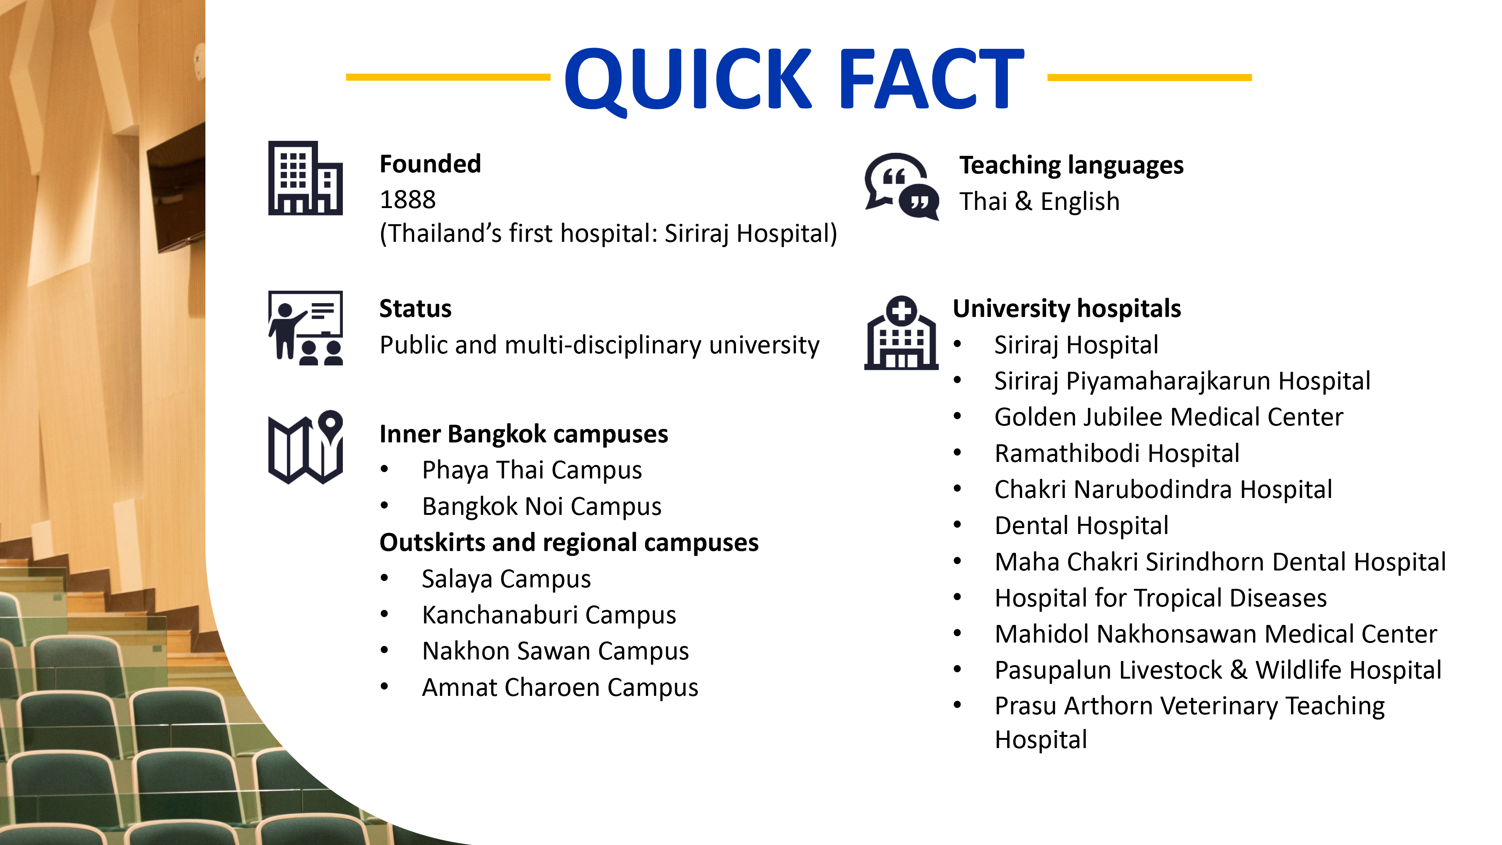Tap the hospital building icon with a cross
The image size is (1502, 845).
[902, 332]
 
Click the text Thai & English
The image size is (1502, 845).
[1040, 202]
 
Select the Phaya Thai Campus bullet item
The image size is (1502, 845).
[532, 471]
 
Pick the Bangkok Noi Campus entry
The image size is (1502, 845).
[542, 507]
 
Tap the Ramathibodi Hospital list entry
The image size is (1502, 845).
[1117, 454]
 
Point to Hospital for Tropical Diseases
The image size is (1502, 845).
[1160, 598]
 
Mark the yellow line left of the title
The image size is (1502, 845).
[448, 77]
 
